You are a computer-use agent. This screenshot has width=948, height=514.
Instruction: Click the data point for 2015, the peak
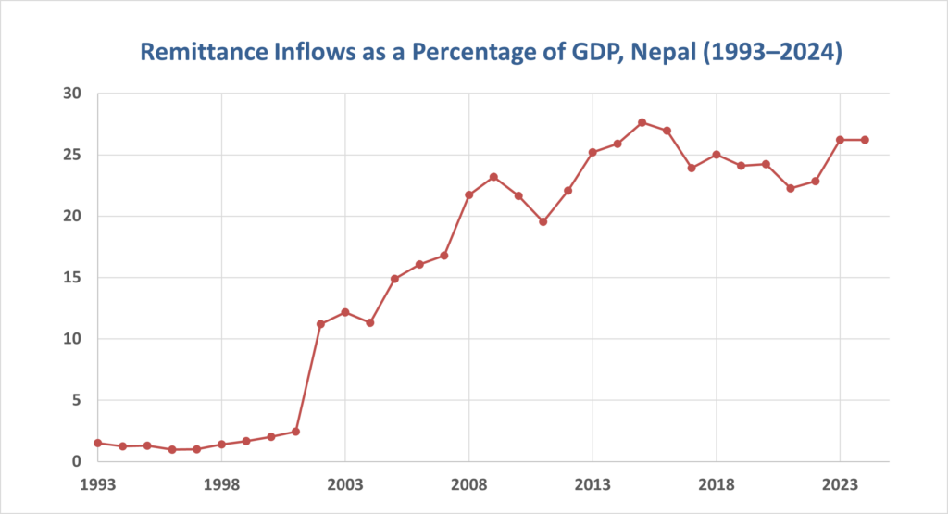[642, 122]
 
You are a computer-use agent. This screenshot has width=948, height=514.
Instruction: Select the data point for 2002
[320, 324]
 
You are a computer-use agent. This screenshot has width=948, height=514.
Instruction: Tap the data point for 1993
[97, 443]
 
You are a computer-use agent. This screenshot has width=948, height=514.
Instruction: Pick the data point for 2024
[865, 140]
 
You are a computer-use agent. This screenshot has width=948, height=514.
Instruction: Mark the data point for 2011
[543, 221]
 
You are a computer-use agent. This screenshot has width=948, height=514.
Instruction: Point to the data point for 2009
[493, 177]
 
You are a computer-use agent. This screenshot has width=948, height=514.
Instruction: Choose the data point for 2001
[295, 432]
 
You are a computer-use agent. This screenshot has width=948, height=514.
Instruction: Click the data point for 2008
[469, 194]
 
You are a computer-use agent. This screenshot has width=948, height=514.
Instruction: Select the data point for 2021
[791, 188]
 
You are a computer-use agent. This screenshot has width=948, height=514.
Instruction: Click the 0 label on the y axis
[78, 461]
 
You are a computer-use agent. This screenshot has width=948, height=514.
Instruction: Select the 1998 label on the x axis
[221, 483]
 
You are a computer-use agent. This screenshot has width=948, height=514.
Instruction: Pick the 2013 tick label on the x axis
[592, 483]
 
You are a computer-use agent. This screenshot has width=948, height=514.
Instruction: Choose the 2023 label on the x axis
[840, 483]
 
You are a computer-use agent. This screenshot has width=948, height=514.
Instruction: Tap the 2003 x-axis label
[345, 483]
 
